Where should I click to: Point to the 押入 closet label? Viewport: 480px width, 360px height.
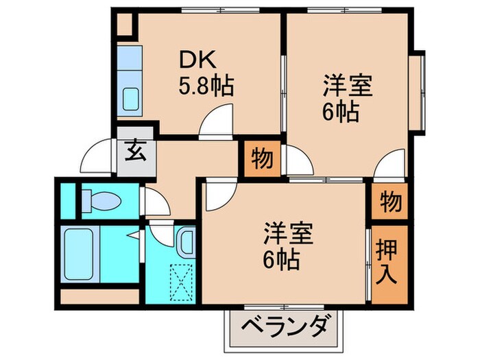coord(389,263)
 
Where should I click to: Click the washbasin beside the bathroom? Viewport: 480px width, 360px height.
coord(186,239)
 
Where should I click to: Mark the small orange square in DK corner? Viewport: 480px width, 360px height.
coord(125,25)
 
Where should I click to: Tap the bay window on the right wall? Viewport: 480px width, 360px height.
coord(418,90)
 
